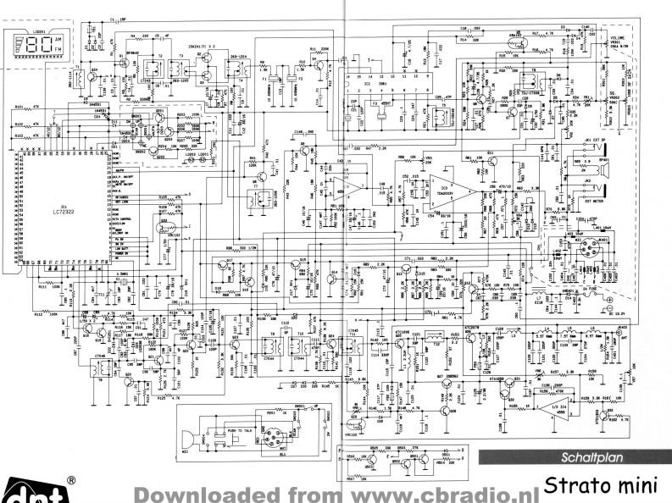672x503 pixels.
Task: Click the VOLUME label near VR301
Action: (x=620, y=37)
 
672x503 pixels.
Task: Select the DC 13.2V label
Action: (x=598, y=315)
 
